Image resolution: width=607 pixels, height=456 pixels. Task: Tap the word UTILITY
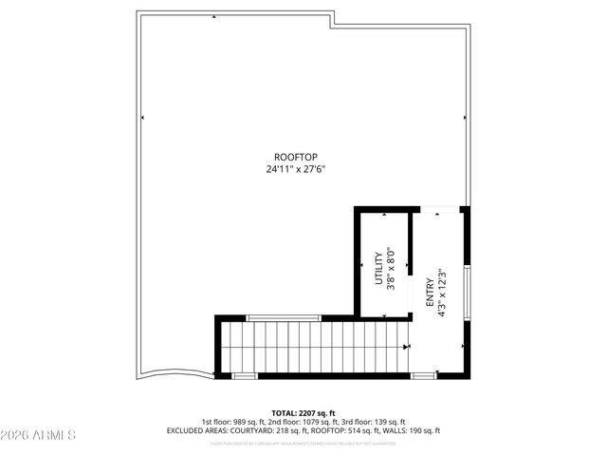pos(378,269)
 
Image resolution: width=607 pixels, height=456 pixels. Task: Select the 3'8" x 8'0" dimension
pos(390,269)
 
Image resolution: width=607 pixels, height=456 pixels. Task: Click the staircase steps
pos(313,348)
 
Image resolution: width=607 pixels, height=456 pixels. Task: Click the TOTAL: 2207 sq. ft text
pos(303,412)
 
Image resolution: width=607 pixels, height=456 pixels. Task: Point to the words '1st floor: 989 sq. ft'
pos(234,422)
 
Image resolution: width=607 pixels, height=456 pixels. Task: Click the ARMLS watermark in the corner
pos(38,435)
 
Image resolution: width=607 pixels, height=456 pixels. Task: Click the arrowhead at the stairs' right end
pos(408,348)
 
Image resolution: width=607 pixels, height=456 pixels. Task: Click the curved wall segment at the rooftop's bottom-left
pos(175,372)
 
